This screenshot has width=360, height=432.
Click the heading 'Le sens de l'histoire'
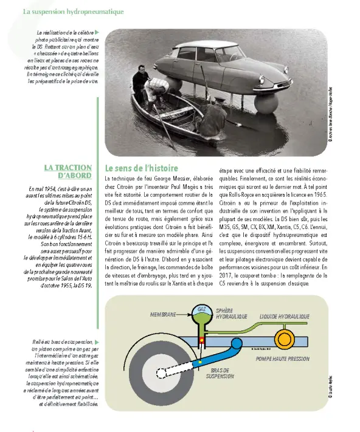tap(141, 167)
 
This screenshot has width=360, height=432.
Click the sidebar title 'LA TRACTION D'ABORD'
tap(68, 171)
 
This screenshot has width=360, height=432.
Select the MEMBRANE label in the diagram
tap(162, 315)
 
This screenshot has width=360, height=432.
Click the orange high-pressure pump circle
tap(284, 337)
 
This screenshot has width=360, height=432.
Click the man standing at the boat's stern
tap(142, 86)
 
